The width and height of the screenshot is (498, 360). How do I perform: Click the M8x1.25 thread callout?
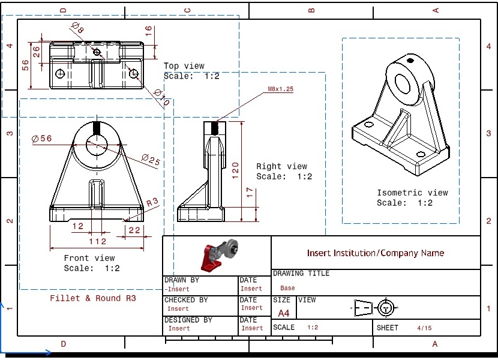[x=280, y=89]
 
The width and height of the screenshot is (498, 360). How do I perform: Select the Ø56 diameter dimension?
[x=42, y=139]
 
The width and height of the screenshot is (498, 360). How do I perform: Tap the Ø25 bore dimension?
[x=151, y=160]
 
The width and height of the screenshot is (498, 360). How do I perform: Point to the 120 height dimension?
[x=236, y=170]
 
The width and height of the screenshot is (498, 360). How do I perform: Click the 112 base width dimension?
[x=97, y=242]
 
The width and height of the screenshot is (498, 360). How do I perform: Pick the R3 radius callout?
[x=153, y=202]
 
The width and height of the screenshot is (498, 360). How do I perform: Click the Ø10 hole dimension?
[x=162, y=98]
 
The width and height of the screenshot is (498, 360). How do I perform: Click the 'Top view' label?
[x=184, y=66]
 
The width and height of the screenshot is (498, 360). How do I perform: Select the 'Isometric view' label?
[x=412, y=193]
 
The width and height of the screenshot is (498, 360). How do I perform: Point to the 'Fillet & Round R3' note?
[x=93, y=298]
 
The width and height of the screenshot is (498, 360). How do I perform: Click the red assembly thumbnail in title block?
[x=217, y=254]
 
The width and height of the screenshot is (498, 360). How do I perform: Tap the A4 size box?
[x=284, y=313]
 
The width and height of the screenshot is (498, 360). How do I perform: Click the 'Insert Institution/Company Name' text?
[x=376, y=253]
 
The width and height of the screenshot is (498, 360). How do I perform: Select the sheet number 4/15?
[x=424, y=328]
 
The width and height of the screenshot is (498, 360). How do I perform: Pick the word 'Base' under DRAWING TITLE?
[x=287, y=288]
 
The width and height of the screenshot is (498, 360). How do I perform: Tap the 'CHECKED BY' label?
[x=186, y=300]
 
